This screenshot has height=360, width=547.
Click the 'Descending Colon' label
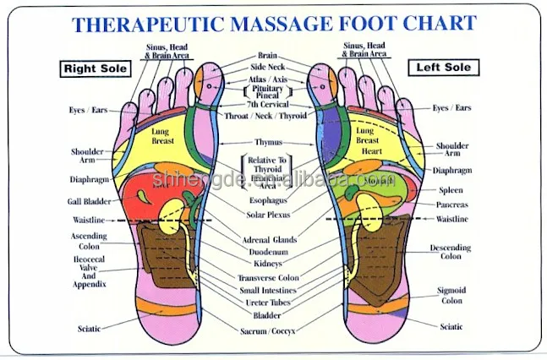coord(451,252)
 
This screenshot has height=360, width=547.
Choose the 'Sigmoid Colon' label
coord(451,295)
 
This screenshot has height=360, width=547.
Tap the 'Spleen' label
coord(448,190)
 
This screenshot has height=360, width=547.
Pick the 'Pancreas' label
coord(452,205)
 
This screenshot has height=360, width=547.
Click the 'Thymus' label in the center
coord(268,142)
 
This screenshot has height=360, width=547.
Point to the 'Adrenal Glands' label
coord(270,240)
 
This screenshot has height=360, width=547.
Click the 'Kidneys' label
coord(270,264)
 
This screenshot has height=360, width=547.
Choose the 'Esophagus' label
coord(269,201)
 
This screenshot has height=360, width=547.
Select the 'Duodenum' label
coord(270,252)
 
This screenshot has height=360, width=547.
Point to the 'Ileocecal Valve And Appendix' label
coord(89,273)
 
